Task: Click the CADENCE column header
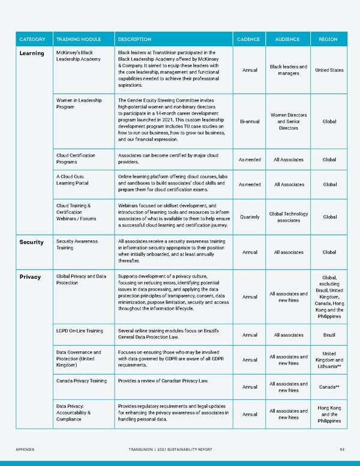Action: tap(249, 40)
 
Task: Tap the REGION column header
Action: tap(328, 40)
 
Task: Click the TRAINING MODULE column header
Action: tap(75, 40)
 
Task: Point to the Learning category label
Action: tap(32, 53)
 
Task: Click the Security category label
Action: tap(32, 242)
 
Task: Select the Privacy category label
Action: tap(30, 277)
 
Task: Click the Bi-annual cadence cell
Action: tap(249, 121)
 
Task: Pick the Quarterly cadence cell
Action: tap(249, 217)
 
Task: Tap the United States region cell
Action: tap(329, 70)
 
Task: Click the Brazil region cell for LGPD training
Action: tap(329, 335)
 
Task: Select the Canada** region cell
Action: tap(329, 387)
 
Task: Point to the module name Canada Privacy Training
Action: tap(81, 381)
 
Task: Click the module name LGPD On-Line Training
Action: tap(79, 331)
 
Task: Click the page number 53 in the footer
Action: tap(341, 449)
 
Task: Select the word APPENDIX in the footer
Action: tap(26, 449)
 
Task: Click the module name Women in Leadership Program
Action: tap(79, 104)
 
